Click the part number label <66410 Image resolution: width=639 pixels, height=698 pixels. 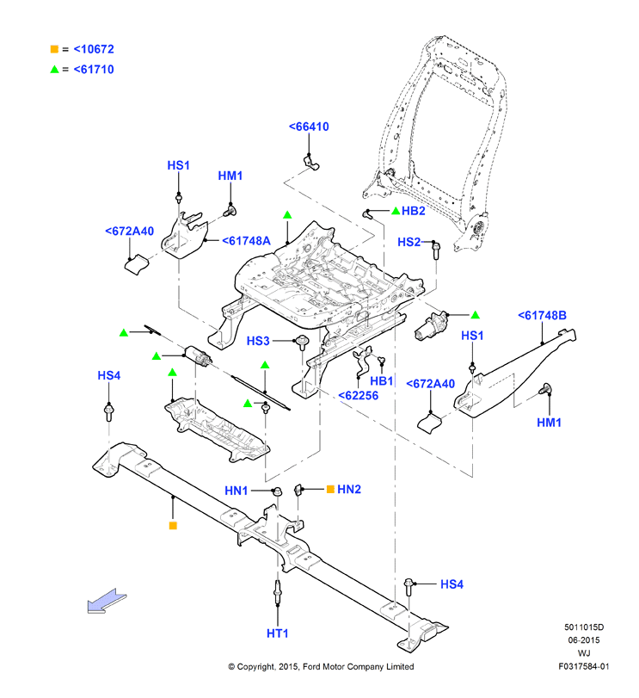[x=309, y=127]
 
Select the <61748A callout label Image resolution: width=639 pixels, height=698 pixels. [x=246, y=241]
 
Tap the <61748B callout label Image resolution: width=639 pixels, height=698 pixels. [x=542, y=316]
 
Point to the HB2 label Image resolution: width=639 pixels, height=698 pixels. [x=414, y=211]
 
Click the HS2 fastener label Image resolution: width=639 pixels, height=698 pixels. [x=409, y=242]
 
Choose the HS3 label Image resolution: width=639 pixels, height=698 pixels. [x=258, y=341]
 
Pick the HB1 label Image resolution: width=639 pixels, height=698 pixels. [x=382, y=381]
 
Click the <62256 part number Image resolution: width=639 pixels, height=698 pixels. [x=359, y=396]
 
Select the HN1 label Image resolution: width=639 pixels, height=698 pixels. [x=237, y=491]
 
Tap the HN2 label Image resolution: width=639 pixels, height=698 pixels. [x=349, y=489]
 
